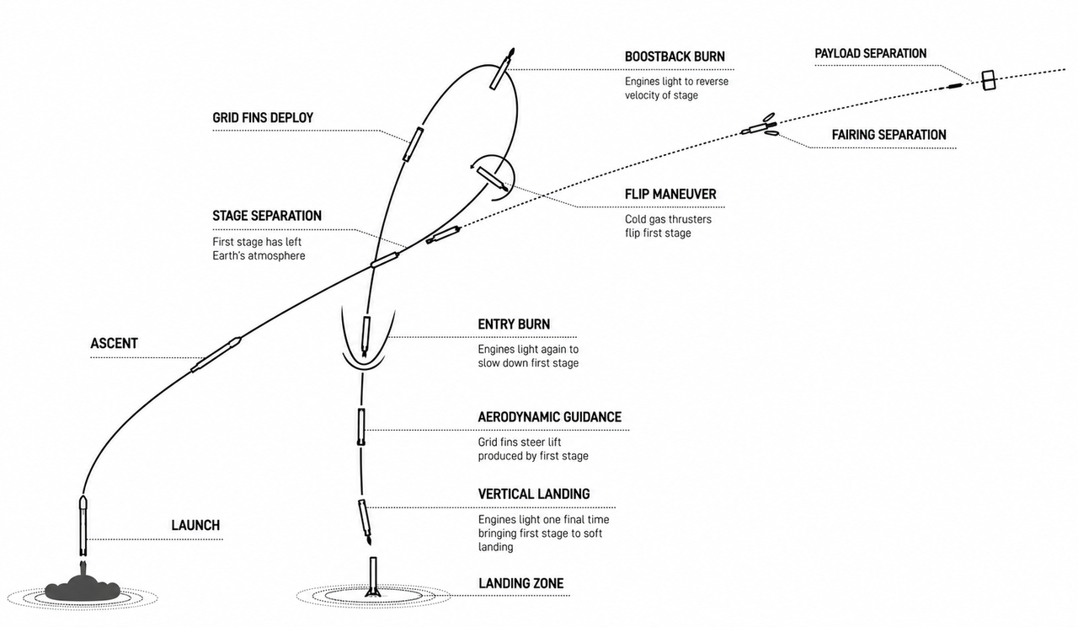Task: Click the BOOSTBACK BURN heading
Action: coord(675,56)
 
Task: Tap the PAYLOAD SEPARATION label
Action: coord(870,53)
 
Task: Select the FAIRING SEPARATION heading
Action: coord(889,135)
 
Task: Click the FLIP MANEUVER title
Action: coord(670,195)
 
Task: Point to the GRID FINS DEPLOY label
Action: coord(263,118)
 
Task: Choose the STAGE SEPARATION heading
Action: coord(267,216)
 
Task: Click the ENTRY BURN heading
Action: coord(514,324)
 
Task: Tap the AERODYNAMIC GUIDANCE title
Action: coord(550,417)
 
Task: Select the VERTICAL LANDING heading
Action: coord(534,494)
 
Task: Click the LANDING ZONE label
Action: coord(520,584)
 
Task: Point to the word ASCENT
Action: coord(114,343)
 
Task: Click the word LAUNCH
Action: coord(195,525)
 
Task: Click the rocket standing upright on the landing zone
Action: coord(373,577)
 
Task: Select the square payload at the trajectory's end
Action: coord(989,80)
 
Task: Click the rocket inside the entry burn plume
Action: coord(366,336)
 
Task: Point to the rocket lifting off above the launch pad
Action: coord(83,526)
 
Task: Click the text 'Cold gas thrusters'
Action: coord(668,220)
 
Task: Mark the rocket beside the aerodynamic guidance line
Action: coord(361,426)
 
